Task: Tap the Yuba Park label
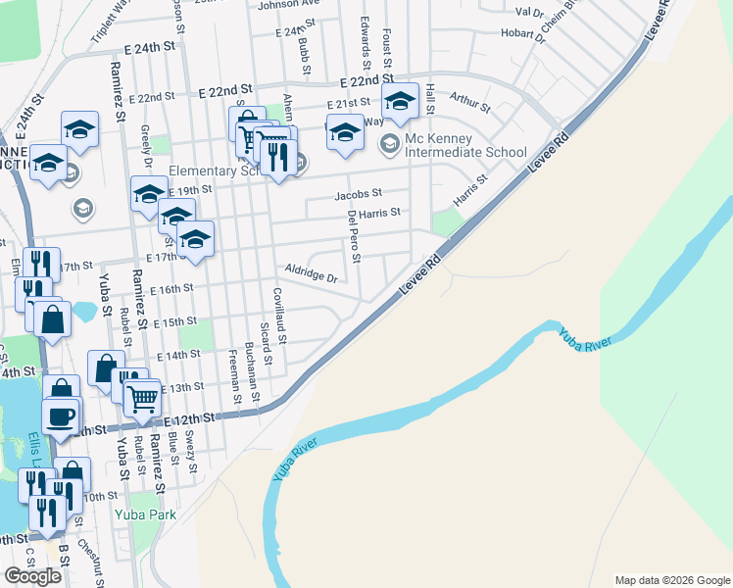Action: pos(144,513)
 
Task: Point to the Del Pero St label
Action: pos(354,240)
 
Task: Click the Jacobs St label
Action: pos(357,195)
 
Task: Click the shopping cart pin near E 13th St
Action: pos(143,399)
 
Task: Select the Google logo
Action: pos(32,575)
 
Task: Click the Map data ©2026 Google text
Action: pos(671,580)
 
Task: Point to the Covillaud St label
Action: pos(279,320)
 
